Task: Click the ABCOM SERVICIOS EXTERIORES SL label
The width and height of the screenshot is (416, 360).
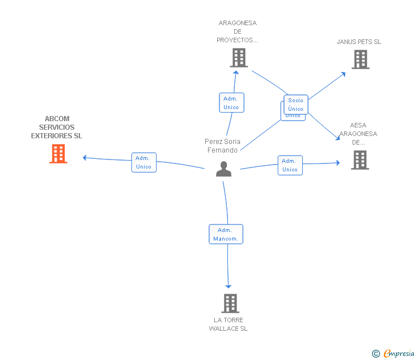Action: coord(57,127)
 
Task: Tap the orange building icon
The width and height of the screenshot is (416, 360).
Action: coord(58,154)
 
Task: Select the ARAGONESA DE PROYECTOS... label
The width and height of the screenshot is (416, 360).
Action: coord(238,31)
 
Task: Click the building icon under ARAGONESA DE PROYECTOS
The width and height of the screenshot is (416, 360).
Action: coord(238,58)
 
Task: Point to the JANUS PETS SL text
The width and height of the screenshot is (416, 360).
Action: coord(359,42)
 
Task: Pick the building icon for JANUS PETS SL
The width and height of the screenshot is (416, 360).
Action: coord(360,59)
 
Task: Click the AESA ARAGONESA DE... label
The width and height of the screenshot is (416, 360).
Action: coord(358,134)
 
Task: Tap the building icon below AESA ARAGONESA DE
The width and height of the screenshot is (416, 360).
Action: coord(360,160)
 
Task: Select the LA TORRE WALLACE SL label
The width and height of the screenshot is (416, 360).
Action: coord(229,324)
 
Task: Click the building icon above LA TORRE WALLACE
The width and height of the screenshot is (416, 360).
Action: coord(230,303)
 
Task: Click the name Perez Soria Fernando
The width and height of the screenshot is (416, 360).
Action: coord(223,146)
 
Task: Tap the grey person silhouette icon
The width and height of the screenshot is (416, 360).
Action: coord(223,169)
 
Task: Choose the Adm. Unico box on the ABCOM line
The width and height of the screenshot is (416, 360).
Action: coord(144,162)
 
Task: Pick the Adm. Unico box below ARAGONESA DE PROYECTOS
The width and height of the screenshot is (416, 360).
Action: coord(231,103)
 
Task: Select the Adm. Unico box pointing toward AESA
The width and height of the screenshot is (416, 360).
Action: coord(290,165)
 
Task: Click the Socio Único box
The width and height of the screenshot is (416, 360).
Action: coord(296,105)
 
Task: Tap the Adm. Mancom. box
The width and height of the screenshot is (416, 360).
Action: coord(226,234)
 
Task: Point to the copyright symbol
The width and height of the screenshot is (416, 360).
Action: coord(375,354)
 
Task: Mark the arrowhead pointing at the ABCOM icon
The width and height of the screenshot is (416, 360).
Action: coord(85,158)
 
